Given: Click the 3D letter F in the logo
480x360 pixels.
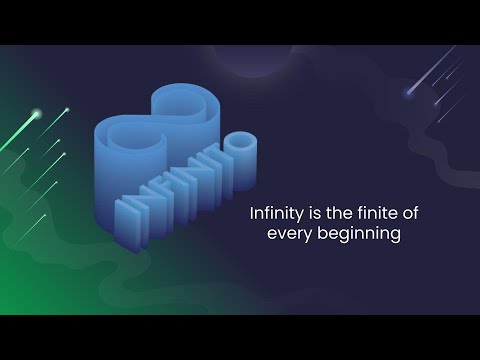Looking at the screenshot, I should tap(155, 199).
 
